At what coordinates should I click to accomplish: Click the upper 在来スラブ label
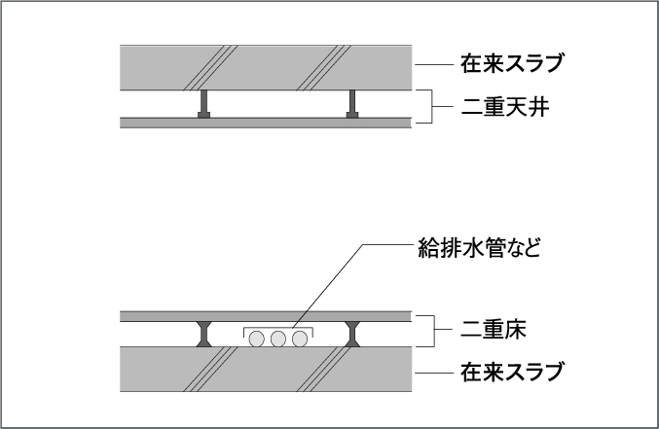(511, 63)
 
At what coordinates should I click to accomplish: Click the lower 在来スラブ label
(511, 372)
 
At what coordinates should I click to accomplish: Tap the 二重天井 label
(505, 107)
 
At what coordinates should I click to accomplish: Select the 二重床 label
(494, 330)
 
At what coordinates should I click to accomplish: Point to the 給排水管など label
(479, 247)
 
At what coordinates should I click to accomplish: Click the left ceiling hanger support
(203, 104)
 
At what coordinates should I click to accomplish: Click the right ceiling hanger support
(352, 104)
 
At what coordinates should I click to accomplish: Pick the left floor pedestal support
(203, 334)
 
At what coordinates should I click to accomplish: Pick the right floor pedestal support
(352, 334)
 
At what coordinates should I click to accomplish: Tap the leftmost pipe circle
(257, 339)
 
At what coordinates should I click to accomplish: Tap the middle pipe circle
(278, 339)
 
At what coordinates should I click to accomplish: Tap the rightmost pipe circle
(300, 339)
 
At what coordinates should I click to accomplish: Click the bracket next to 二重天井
(431, 106)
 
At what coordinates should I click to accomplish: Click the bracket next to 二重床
(433, 330)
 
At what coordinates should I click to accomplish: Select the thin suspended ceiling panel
(266, 123)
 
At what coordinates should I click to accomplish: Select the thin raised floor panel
(266, 316)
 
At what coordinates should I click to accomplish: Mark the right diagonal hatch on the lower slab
(323, 370)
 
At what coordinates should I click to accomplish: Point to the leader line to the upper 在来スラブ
(434, 65)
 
